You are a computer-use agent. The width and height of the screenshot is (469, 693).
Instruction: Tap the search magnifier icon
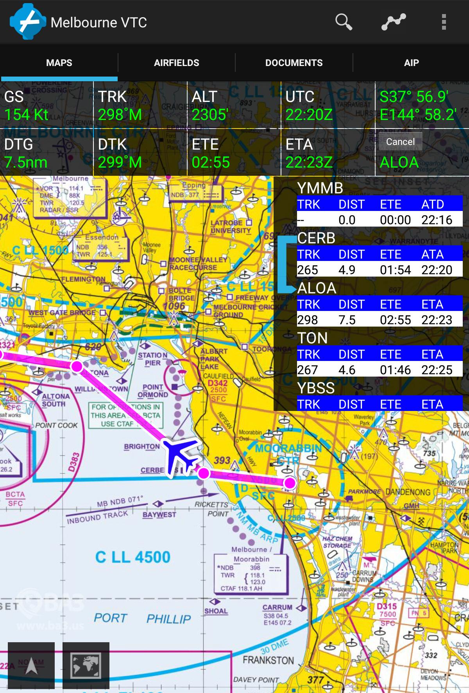point(344,22)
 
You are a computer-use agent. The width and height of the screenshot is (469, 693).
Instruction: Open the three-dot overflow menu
point(444,22)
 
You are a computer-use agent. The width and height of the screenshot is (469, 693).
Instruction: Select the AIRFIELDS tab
point(176,63)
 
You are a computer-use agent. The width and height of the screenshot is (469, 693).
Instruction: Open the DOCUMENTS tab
point(294,63)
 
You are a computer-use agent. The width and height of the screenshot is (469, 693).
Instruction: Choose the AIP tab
point(411,63)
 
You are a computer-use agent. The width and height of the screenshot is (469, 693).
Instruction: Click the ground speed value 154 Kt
point(27,115)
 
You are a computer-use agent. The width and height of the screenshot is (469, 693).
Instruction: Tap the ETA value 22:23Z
point(309,163)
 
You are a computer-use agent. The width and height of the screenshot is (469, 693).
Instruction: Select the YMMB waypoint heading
point(320,188)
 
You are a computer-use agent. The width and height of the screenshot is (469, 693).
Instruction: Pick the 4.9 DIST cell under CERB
point(347,270)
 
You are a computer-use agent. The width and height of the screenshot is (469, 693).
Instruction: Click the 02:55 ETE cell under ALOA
point(395,320)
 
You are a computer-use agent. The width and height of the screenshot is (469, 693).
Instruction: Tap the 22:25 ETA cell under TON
point(437,370)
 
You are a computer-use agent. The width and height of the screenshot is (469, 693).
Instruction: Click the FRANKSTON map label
point(268,660)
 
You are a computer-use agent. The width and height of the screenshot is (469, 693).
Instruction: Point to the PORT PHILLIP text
point(143,618)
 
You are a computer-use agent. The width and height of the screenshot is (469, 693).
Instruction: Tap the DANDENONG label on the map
point(408,492)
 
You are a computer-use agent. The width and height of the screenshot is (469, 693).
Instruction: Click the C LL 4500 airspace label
point(133,557)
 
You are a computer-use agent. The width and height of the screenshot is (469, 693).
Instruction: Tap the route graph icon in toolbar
point(394,22)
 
